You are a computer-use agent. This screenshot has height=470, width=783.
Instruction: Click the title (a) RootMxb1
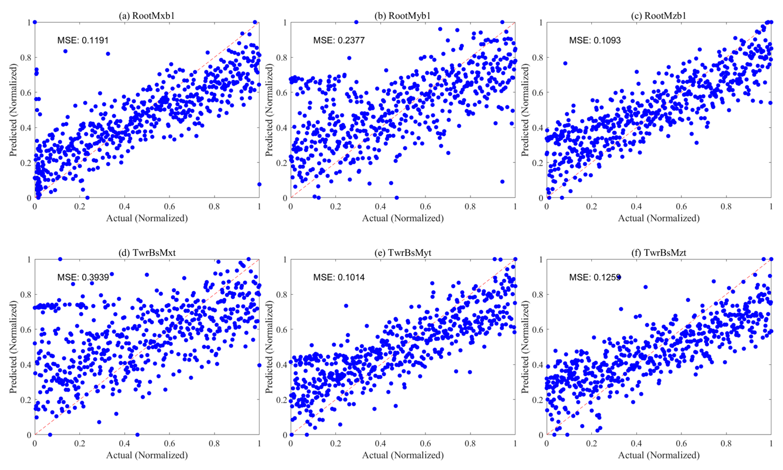[x=147, y=16]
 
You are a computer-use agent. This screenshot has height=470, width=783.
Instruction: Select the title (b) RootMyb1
[x=403, y=16]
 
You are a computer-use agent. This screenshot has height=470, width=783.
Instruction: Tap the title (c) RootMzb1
[x=659, y=16]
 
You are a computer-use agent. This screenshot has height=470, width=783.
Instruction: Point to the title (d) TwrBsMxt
[x=147, y=253]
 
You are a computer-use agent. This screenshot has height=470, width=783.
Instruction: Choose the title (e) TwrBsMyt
[x=403, y=253]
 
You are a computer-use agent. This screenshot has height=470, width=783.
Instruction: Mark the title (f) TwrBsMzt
[x=659, y=253]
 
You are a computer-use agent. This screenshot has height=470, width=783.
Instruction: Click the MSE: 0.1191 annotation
[x=83, y=41]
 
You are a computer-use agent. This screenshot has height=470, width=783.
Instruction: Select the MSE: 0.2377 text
[x=339, y=41]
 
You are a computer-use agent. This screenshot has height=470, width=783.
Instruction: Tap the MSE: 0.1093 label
[x=595, y=41]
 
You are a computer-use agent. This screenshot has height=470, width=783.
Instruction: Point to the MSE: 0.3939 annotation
[x=83, y=277]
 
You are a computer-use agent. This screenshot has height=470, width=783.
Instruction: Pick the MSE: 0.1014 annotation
[x=339, y=277]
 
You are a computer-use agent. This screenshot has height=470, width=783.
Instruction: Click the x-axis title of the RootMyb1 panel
[x=403, y=218]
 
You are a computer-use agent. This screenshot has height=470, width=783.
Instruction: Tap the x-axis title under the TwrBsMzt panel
[x=659, y=455]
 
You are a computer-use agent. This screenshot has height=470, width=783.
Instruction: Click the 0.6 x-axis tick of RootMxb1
[x=169, y=207]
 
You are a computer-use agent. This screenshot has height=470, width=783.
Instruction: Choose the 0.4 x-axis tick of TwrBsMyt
[x=380, y=444]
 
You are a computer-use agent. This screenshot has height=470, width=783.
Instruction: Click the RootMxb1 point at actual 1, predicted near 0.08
[x=259, y=184]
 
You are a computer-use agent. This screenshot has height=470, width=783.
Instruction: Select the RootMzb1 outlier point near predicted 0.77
[x=565, y=63]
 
